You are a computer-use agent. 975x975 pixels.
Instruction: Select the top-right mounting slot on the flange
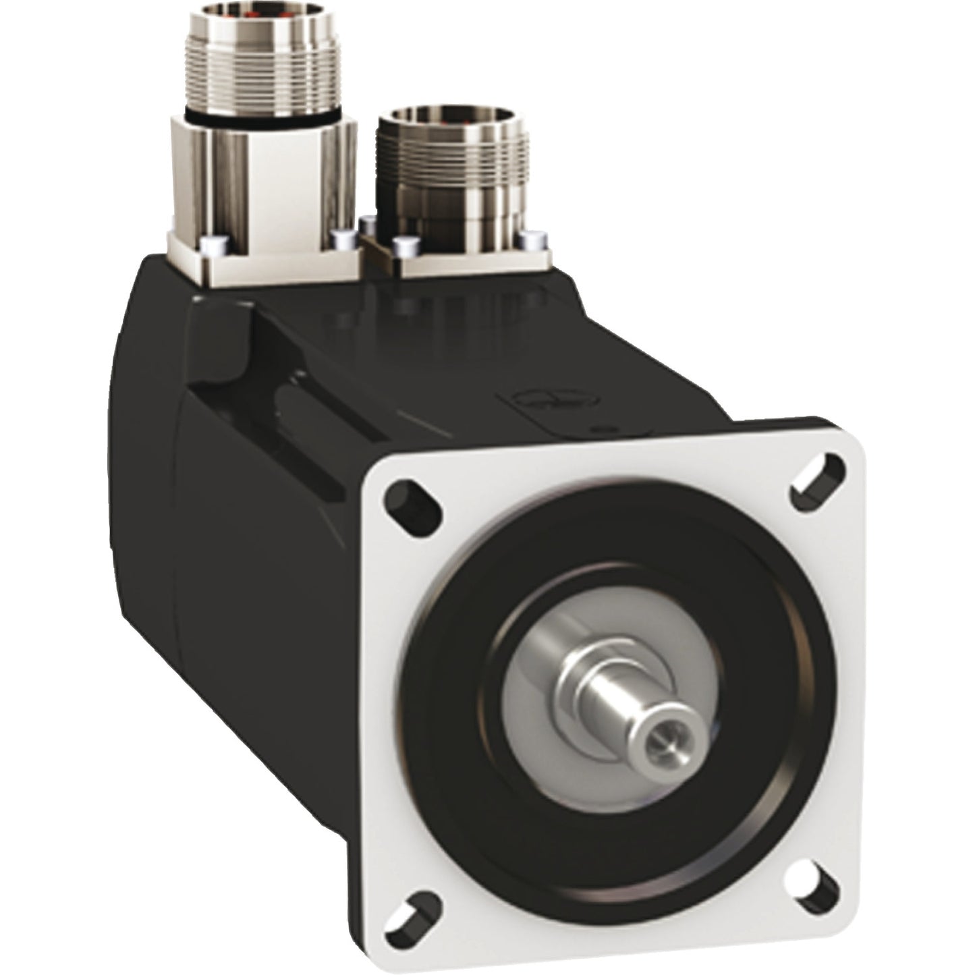(x=818, y=476)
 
